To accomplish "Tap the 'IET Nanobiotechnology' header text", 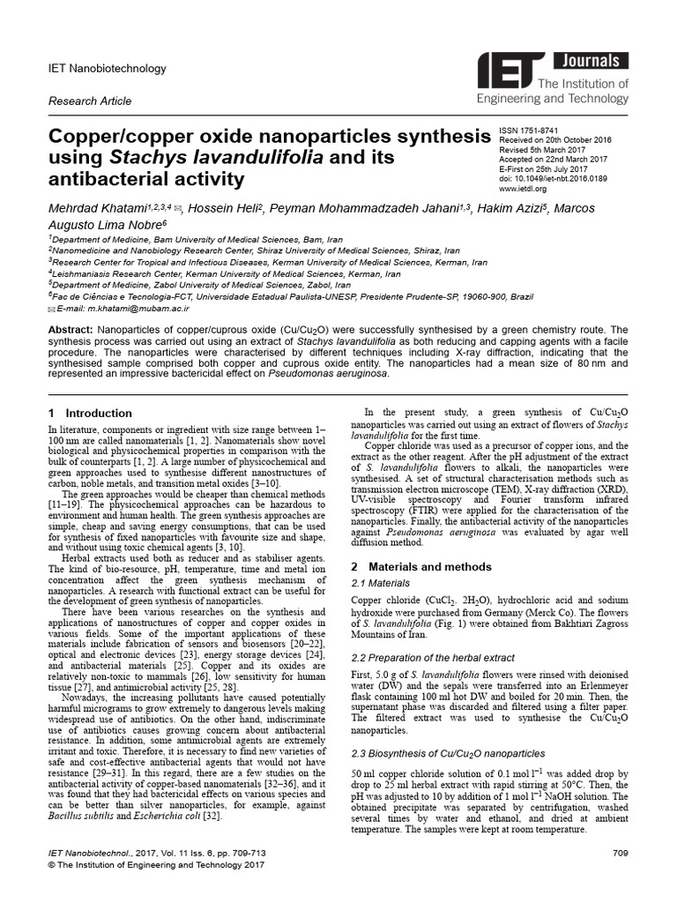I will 107,68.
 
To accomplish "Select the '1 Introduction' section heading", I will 85,413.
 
